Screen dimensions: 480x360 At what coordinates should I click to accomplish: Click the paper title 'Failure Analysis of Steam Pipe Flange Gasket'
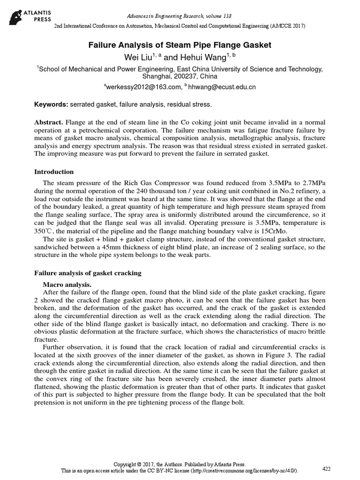coord(180,45)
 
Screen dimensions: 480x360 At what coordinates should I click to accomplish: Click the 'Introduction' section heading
coord(55,172)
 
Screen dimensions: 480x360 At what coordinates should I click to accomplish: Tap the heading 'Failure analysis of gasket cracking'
coord(89,272)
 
